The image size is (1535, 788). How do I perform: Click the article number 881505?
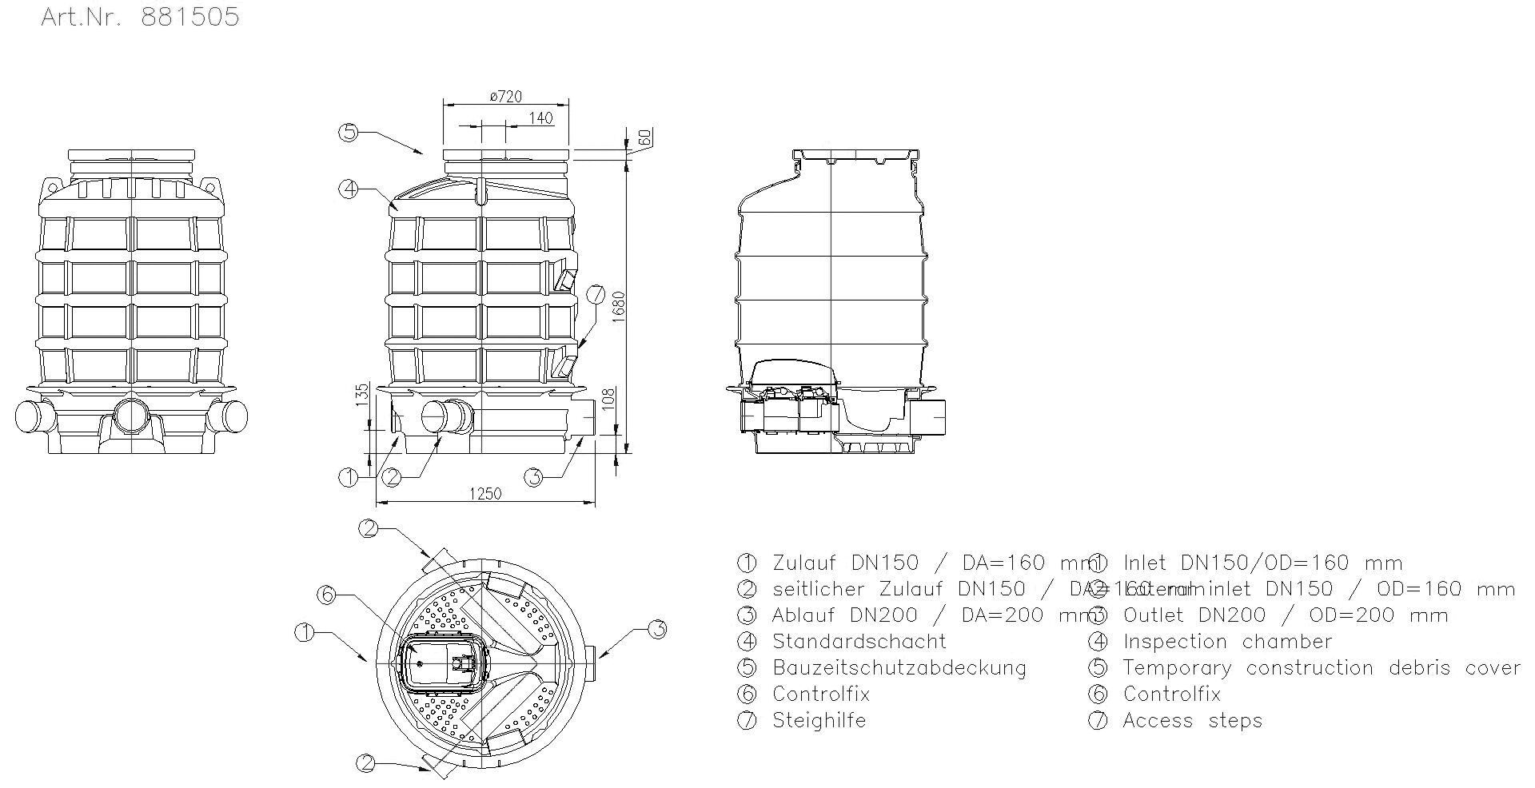point(189,18)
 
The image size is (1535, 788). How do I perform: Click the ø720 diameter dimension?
point(505,96)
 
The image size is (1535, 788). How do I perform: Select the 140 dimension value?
point(541,118)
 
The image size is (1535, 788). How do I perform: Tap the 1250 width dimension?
point(484,493)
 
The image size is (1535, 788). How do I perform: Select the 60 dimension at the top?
point(644,136)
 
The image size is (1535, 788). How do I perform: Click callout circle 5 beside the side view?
point(348,132)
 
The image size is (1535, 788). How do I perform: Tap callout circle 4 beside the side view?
point(348,189)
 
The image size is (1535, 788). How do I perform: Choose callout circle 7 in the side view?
point(596,294)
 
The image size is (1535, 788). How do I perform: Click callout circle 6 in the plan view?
point(325,594)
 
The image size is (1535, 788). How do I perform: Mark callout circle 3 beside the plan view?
point(656,630)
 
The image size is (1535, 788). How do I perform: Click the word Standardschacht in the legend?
point(859,642)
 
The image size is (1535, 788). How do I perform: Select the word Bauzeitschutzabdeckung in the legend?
point(899,668)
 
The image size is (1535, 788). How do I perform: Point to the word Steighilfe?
point(819,721)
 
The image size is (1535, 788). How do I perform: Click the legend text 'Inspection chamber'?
point(1227,642)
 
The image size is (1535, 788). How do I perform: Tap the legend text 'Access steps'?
point(1192,721)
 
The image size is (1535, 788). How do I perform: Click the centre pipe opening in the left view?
point(130,416)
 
